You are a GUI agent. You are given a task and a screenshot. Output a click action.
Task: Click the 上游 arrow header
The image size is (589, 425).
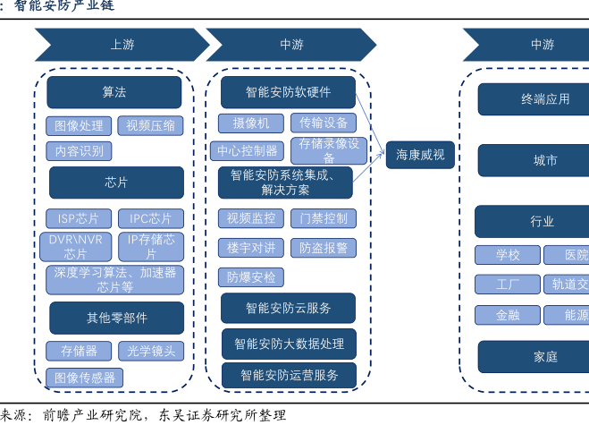point(121,44)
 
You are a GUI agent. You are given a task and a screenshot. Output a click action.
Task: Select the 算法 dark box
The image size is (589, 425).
point(114,92)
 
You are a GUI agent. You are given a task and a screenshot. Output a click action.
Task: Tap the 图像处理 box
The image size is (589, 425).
point(80,125)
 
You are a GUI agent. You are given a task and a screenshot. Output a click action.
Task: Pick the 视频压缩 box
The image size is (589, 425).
point(149,125)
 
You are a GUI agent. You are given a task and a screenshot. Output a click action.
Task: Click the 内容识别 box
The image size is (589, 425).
point(80,150)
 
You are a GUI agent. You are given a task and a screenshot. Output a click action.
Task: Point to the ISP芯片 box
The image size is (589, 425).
point(80,218)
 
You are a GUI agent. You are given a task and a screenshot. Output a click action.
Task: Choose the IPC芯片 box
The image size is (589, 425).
point(150,218)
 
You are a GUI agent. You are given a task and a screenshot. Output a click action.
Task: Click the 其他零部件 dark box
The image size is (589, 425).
point(116,318)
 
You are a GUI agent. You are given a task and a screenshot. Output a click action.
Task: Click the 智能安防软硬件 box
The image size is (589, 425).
point(288,91)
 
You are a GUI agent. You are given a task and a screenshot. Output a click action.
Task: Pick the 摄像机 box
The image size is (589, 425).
point(251,123)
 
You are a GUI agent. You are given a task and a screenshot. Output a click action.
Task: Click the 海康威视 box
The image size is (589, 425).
point(420,156)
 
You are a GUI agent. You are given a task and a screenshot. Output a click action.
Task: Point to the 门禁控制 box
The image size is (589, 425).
point(323,218)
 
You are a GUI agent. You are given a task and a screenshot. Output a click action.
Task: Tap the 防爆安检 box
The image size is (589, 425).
point(251,277)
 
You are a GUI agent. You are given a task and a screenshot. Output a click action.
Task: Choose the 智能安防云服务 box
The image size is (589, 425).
point(288,308)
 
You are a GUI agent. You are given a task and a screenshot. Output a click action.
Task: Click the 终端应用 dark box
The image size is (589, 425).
point(545,99)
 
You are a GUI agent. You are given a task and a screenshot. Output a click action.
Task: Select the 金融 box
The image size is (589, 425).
point(506,315)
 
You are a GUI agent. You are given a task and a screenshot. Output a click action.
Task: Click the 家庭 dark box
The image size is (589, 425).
point(545,356)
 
